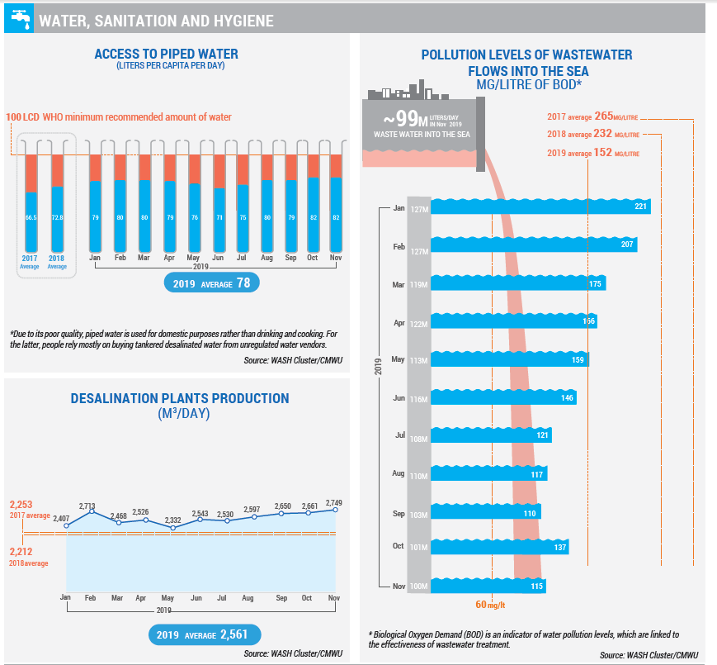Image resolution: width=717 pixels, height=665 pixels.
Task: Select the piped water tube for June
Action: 219,202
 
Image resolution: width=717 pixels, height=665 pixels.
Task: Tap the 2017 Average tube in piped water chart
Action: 31,202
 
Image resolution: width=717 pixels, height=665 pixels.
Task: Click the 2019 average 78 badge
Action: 211,283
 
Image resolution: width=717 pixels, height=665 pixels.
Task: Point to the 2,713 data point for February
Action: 92,512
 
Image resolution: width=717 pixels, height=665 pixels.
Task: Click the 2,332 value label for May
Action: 172,520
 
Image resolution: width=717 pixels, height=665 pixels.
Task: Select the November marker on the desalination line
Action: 335,510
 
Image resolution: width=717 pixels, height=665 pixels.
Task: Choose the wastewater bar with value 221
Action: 541,207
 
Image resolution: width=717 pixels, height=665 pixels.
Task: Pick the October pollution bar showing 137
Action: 500,548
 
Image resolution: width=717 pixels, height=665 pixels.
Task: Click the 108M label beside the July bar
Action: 419,437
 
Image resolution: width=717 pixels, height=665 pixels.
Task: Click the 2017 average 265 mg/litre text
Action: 592,116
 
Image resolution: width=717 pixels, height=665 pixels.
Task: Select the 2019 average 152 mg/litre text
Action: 592,153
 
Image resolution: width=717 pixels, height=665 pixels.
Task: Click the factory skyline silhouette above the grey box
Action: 405,91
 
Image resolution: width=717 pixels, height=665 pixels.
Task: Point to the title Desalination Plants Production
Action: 180,399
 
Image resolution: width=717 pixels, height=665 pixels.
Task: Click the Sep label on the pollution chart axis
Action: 398,514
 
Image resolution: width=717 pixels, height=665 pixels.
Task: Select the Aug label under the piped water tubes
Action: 267,259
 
